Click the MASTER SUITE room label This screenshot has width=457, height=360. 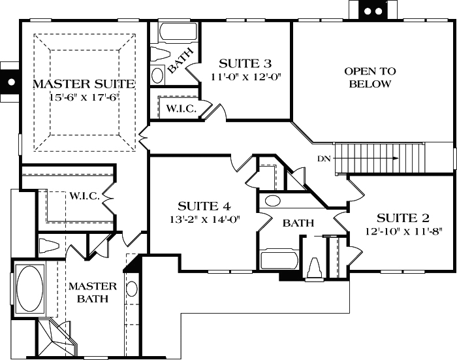coord(84,84)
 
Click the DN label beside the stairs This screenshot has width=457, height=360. coord(323,158)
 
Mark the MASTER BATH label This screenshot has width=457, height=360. coord(92,293)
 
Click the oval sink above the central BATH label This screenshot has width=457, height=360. coord(272,201)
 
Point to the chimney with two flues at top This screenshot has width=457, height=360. coord(372,10)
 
